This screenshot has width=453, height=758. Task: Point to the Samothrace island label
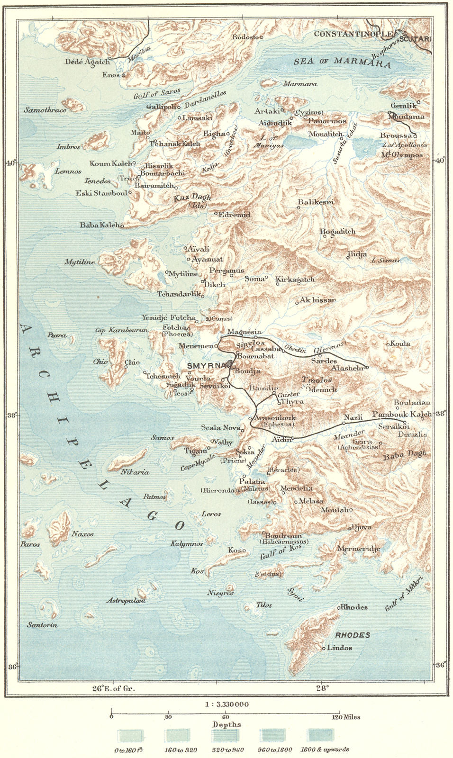45,109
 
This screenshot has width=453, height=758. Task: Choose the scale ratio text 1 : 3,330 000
226,704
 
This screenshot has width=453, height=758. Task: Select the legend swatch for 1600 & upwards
321,735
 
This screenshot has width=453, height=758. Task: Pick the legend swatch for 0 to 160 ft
130,735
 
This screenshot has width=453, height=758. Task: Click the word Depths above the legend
226,724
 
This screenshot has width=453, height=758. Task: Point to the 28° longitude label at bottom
321,688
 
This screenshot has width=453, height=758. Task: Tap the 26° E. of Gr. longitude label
113,688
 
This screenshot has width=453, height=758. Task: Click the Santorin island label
42,625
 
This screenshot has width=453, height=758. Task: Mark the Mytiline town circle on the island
167,272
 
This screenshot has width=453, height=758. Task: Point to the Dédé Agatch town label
87,62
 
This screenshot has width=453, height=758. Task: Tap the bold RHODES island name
352,635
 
